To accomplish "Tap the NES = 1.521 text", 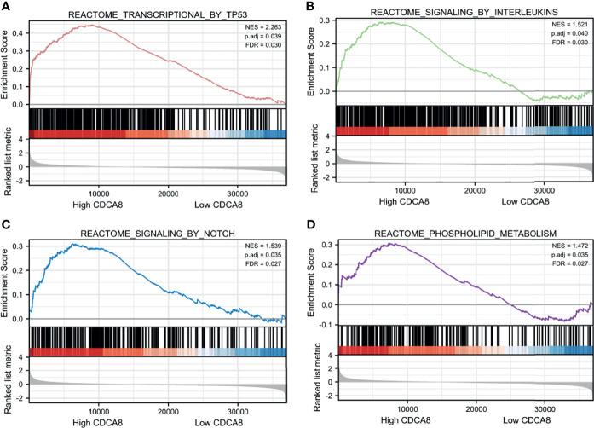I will point(566,27).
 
